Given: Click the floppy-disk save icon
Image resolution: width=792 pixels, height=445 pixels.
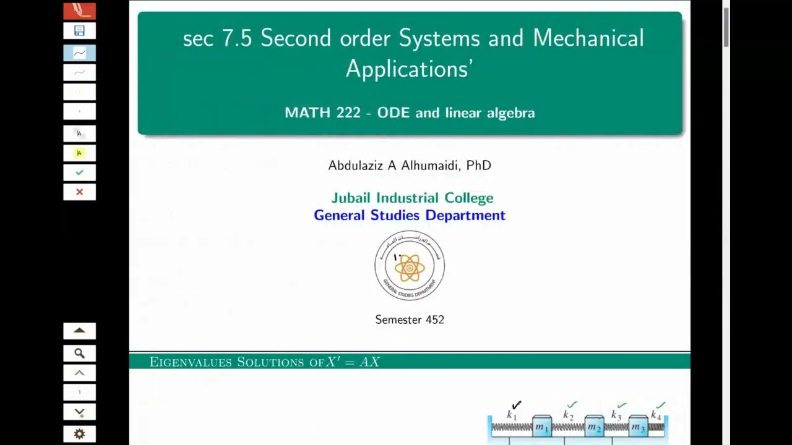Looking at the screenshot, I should pyautogui.click(x=79, y=31).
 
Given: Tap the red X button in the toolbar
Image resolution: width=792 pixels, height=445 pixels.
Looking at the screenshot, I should pyautogui.click(x=79, y=192).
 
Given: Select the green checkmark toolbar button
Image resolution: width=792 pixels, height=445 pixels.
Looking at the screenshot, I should pyautogui.click(x=79, y=172).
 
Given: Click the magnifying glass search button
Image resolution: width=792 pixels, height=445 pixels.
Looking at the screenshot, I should pyautogui.click(x=79, y=354).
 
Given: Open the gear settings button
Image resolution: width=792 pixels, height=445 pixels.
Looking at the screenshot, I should pyautogui.click(x=79, y=434).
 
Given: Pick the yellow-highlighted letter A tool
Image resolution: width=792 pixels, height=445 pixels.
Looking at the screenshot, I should pyautogui.click(x=79, y=153).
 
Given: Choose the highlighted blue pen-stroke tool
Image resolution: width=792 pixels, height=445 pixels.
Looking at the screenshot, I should pyautogui.click(x=79, y=53).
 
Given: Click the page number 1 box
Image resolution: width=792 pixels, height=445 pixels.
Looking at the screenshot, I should pyautogui.click(x=79, y=392).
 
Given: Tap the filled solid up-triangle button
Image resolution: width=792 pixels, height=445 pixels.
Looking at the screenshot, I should pyautogui.click(x=79, y=331).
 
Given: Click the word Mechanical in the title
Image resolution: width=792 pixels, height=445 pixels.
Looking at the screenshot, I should pyautogui.click(x=588, y=38).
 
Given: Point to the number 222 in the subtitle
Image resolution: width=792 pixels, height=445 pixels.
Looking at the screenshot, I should pyautogui.click(x=348, y=113).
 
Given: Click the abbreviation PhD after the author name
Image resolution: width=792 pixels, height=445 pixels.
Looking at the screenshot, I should pyautogui.click(x=478, y=166).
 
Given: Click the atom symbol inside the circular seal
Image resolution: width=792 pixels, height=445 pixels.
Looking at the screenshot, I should pyautogui.click(x=409, y=268).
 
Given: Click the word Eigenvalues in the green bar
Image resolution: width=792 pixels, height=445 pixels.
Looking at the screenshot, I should pyautogui.click(x=191, y=362).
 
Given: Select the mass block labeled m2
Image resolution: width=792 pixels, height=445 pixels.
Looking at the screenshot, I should pyautogui.click(x=594, y=427).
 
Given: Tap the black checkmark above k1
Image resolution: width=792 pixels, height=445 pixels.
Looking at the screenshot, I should pyautogui.click(x=517, y=405).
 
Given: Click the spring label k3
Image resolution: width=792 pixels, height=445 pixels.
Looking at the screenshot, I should pyautogui.click(x=616, y=415).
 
